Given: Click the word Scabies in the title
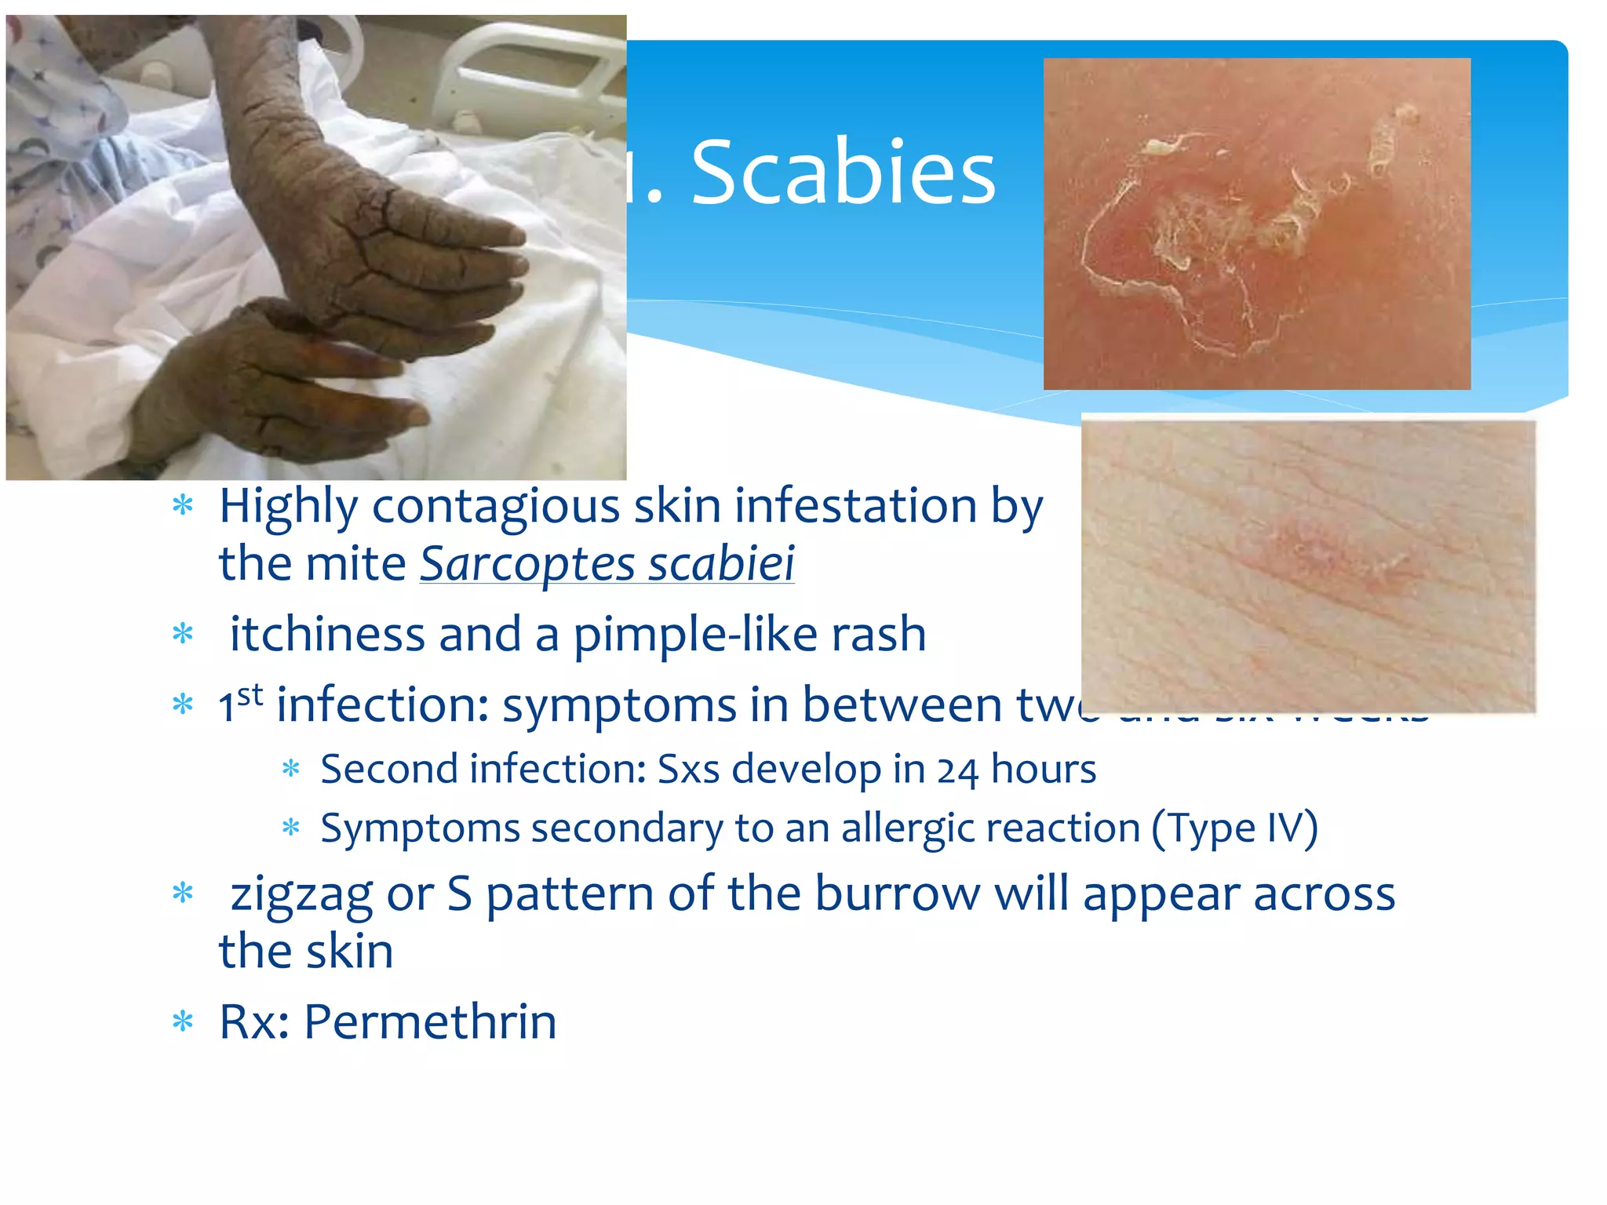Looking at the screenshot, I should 843,173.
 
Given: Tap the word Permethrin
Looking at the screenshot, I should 430,1022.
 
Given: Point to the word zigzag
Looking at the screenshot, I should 301,894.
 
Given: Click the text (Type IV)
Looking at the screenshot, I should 1234,829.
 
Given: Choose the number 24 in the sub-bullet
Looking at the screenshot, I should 957,770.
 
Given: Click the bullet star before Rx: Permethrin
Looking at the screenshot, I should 183,1022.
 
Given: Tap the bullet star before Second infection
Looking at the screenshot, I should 291,770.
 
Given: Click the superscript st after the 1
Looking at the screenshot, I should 250,694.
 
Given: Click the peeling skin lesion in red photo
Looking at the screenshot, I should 1224,228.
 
